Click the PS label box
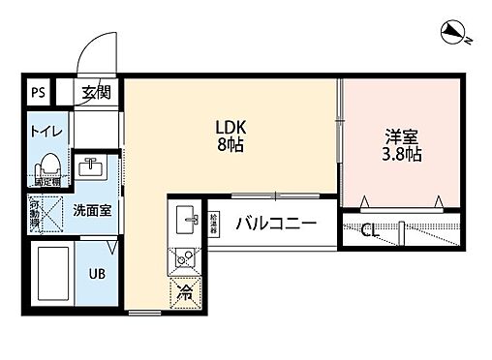click(x=38, y=94)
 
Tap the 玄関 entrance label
click(x=95, y=94)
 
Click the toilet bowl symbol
click(x=50, y=162)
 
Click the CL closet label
click(x=369, y=230)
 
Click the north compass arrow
click(x=451, y=35)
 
